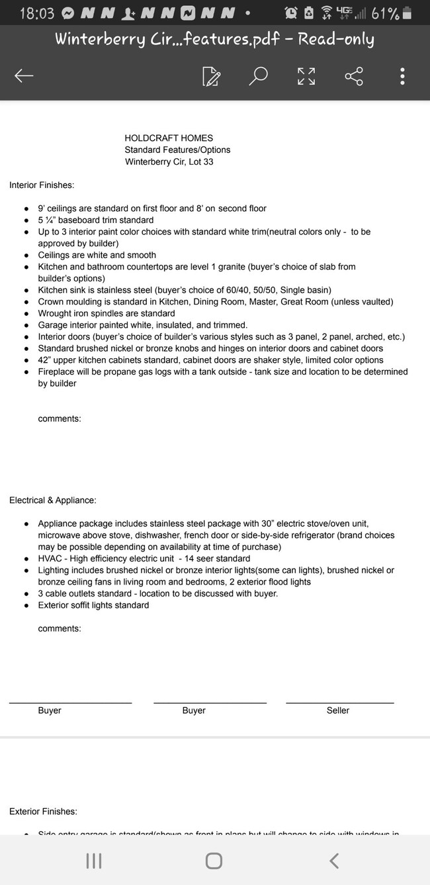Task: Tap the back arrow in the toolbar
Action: click(24, 76)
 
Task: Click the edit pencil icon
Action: click(211, 76)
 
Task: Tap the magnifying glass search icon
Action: click(258, 75)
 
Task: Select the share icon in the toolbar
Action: click(354, 76)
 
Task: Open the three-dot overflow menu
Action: click(402, 76)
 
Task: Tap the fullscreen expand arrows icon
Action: click(306, 76)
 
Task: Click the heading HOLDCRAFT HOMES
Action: click(169, 138)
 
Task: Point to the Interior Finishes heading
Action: click(42, 185)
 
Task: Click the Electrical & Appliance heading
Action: click(53, 500)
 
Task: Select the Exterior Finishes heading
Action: click(43, 812)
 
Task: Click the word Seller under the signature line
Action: click(338, 710)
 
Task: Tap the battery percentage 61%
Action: click(385, 13)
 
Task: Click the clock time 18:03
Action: click(37, 13)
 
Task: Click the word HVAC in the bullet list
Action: click(50, 559)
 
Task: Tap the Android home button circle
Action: click(214, 861)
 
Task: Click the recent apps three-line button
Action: click(94, 861)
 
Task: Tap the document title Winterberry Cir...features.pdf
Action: click(214, 39)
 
